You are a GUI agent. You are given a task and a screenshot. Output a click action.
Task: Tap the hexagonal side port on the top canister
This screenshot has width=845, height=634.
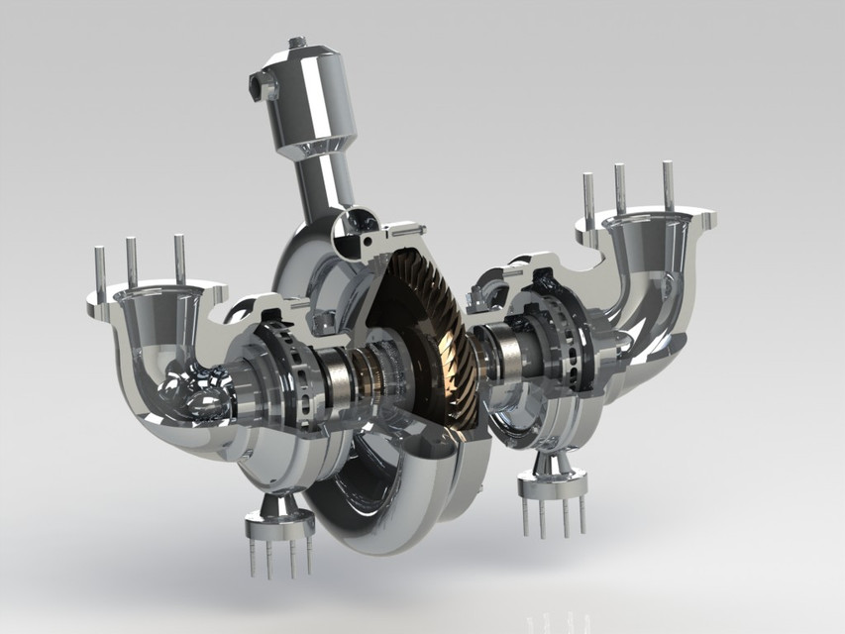(264, 87)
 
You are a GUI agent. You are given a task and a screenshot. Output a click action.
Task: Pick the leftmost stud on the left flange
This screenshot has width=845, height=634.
(100, 272)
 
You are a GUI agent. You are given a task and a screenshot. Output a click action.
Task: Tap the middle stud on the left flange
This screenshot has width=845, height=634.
(131, 262)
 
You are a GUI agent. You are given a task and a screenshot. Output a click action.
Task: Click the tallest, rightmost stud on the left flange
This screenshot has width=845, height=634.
(179, 258)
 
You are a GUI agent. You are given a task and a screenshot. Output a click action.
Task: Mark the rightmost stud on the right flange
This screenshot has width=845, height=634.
(669, 185)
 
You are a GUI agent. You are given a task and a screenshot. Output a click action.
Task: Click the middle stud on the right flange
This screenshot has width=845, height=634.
(620, 189)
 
